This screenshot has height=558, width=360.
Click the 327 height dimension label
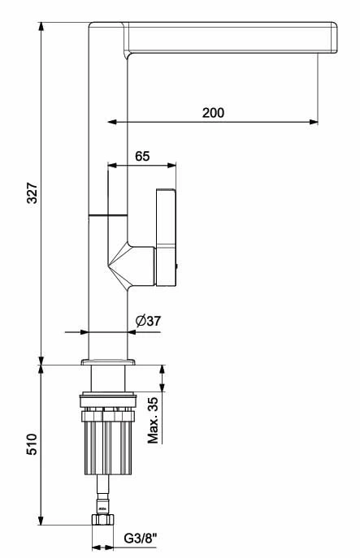tap(33, 192)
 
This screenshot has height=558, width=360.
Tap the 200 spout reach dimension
tap(213, 113)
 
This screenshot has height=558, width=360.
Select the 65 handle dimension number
tap(142, 156)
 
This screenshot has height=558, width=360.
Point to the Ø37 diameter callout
tap(148, 321)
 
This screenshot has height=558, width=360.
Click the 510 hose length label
tap(32, 444)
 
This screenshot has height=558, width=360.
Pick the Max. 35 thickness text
tap(153, 420)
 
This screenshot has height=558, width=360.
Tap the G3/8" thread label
tap(140, 539)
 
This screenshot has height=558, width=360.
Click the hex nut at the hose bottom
tap(102, 519)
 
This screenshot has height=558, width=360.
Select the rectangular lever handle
tap(166, 237)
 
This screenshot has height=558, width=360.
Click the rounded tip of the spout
tap(333, 37)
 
